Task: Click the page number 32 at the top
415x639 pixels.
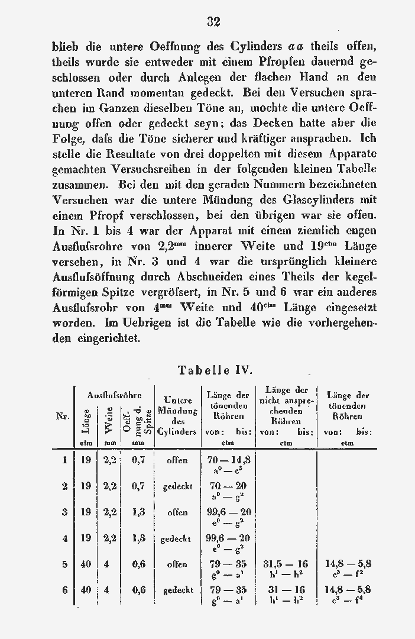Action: [214, 22]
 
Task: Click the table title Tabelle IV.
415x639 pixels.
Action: [215, 370]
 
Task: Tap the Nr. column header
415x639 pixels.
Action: [63, 417]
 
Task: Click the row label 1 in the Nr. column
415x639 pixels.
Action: [64, 460]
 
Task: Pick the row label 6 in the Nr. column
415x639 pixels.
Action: [64, 590]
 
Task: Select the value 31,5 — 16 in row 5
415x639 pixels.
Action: [286, 564]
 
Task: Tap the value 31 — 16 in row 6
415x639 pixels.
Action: [286, 590]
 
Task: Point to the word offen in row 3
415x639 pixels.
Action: [177, 512]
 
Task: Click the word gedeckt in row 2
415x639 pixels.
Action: [177, 486]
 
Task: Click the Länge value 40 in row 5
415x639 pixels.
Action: [86, 564]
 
